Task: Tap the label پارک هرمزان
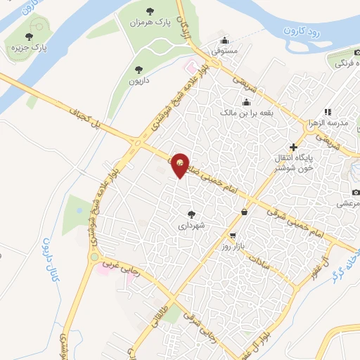tap(150, 23)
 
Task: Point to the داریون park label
tap(138, 82)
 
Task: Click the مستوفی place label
tap(226, 51)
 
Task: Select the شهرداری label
tap(191, 226)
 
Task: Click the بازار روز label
tap(232, 247)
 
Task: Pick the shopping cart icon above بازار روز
tap(233, 236)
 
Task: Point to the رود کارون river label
tap(302, 31)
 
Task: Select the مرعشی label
tap(344, 203)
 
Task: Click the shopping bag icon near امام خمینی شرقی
tap(244, 212)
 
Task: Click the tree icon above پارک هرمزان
tap(149, 11)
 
